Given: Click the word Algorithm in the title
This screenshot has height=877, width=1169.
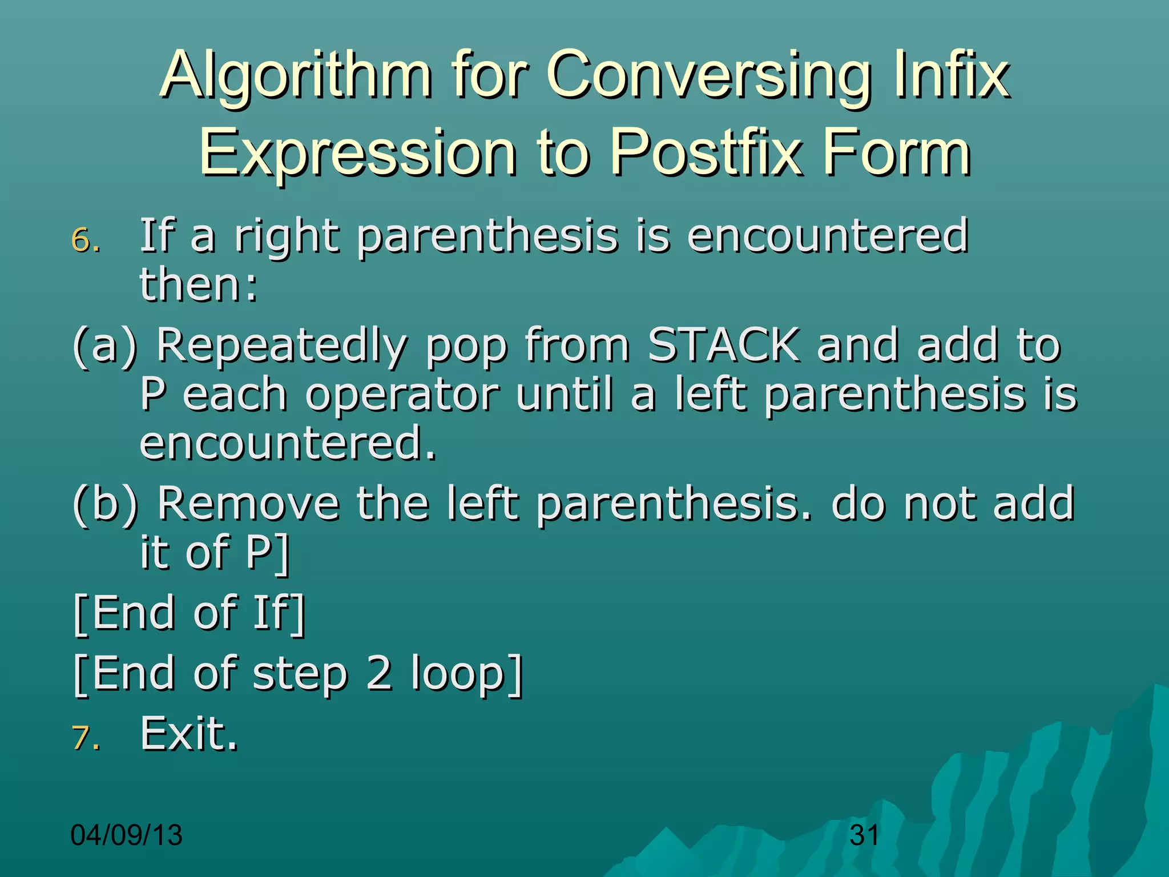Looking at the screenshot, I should tap(296, 75).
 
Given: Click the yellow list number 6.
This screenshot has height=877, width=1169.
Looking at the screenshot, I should tap(86, 240).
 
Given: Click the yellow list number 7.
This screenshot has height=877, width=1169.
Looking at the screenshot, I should tap(86, 738).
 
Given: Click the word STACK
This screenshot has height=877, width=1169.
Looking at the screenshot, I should tap(723, 345).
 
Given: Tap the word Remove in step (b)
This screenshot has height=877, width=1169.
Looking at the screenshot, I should tap(248, 504).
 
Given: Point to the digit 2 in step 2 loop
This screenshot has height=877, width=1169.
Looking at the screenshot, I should tap(379, 673).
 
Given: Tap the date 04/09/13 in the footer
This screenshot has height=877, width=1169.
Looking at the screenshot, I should tap(126, 835).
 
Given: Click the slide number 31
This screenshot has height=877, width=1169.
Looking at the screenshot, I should tap(864, 835).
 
